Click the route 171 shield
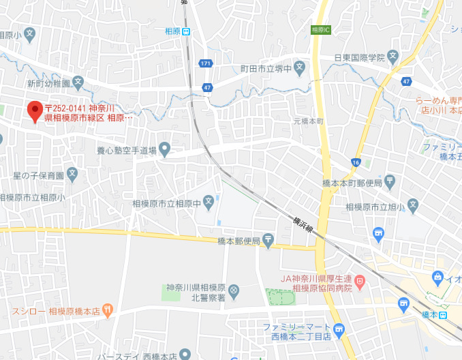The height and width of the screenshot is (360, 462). (206, 63)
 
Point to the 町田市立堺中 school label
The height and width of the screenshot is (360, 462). (264, 68)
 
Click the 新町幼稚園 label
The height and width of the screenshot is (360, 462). (48, 83)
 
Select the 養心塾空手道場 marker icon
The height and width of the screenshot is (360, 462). (164, 149)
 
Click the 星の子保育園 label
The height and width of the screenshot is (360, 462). (39, 175)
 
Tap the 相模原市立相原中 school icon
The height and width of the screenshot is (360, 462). (209, 202)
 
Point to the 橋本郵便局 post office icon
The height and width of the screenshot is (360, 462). (268, 240)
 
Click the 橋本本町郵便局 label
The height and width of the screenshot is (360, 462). (352, 183)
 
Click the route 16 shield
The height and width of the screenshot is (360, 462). (356, 162)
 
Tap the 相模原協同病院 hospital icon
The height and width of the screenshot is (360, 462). (360, 280)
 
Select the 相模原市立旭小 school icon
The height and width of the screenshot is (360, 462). (412, 206)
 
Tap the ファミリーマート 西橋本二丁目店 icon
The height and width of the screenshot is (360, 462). (339, 329)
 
